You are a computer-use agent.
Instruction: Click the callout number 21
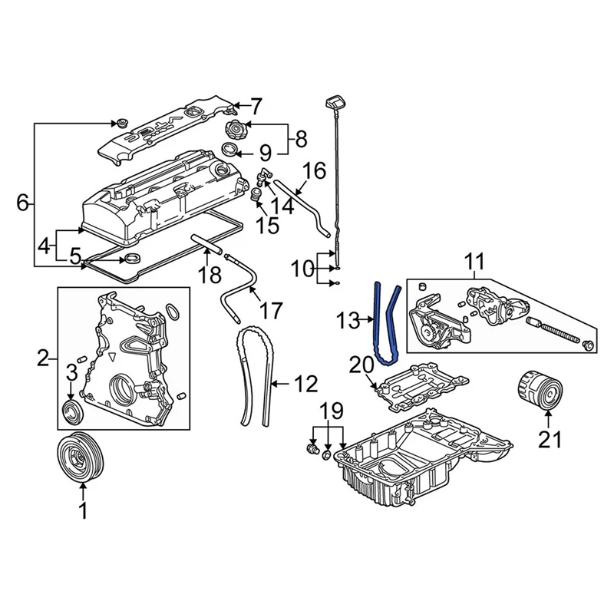click(x=550, y=439)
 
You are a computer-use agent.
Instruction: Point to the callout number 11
click(x=474, y=262)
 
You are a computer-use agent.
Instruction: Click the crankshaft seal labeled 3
click(x=72, y=408)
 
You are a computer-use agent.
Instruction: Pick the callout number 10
click(x=303, y=269)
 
